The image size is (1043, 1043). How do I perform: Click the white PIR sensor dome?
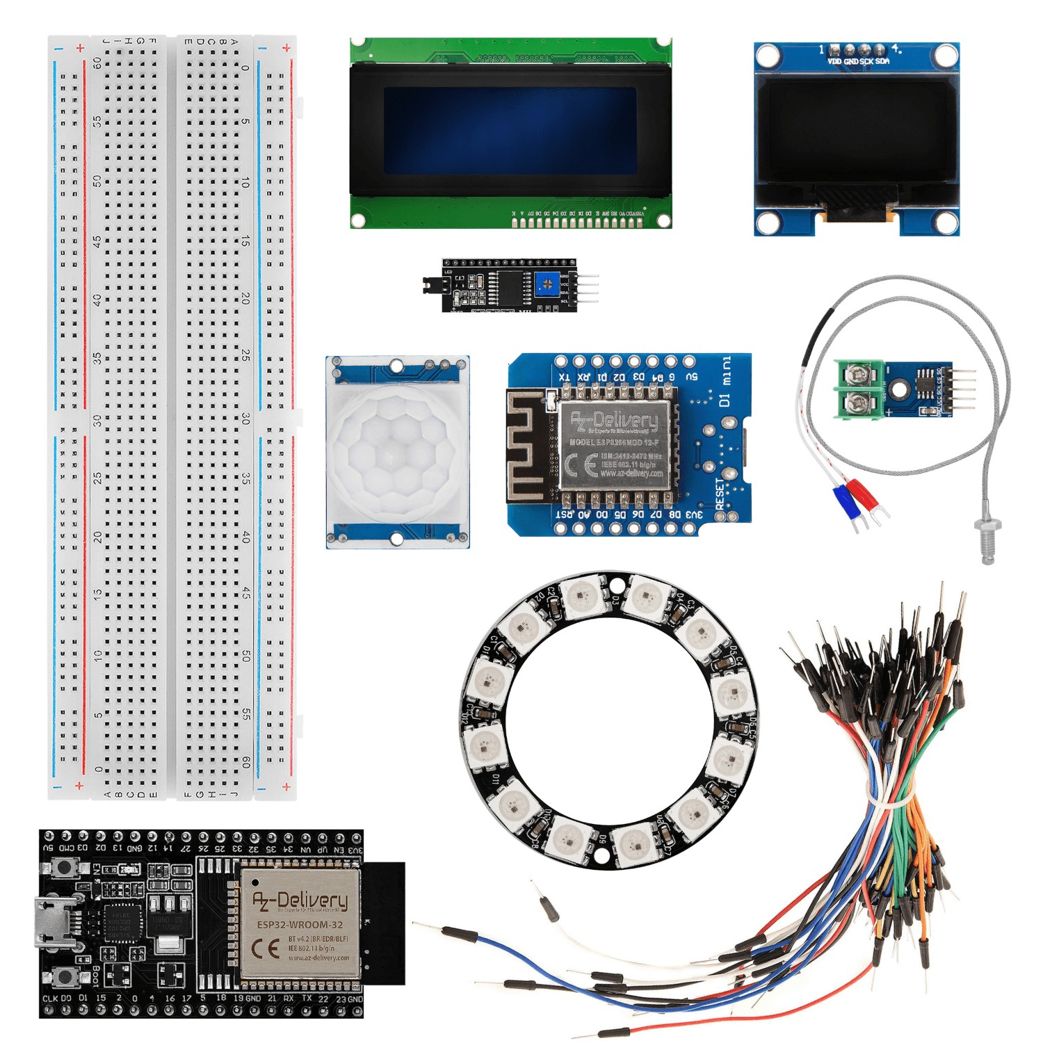397,453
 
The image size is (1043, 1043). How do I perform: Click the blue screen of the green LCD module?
510,131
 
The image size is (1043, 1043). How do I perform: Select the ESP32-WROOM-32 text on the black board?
300,925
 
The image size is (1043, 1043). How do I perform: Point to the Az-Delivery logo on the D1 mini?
614,420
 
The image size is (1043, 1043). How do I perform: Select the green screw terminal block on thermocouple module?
859,389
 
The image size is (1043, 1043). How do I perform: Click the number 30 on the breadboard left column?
98,421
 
